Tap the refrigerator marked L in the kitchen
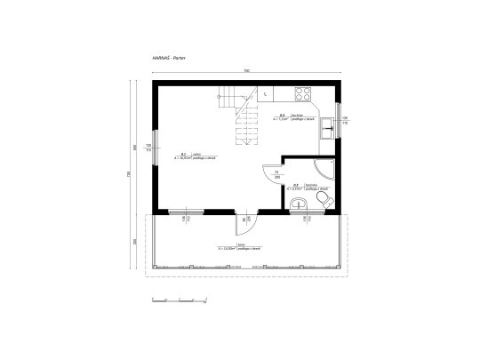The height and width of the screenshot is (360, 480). (x=267, y=92)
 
